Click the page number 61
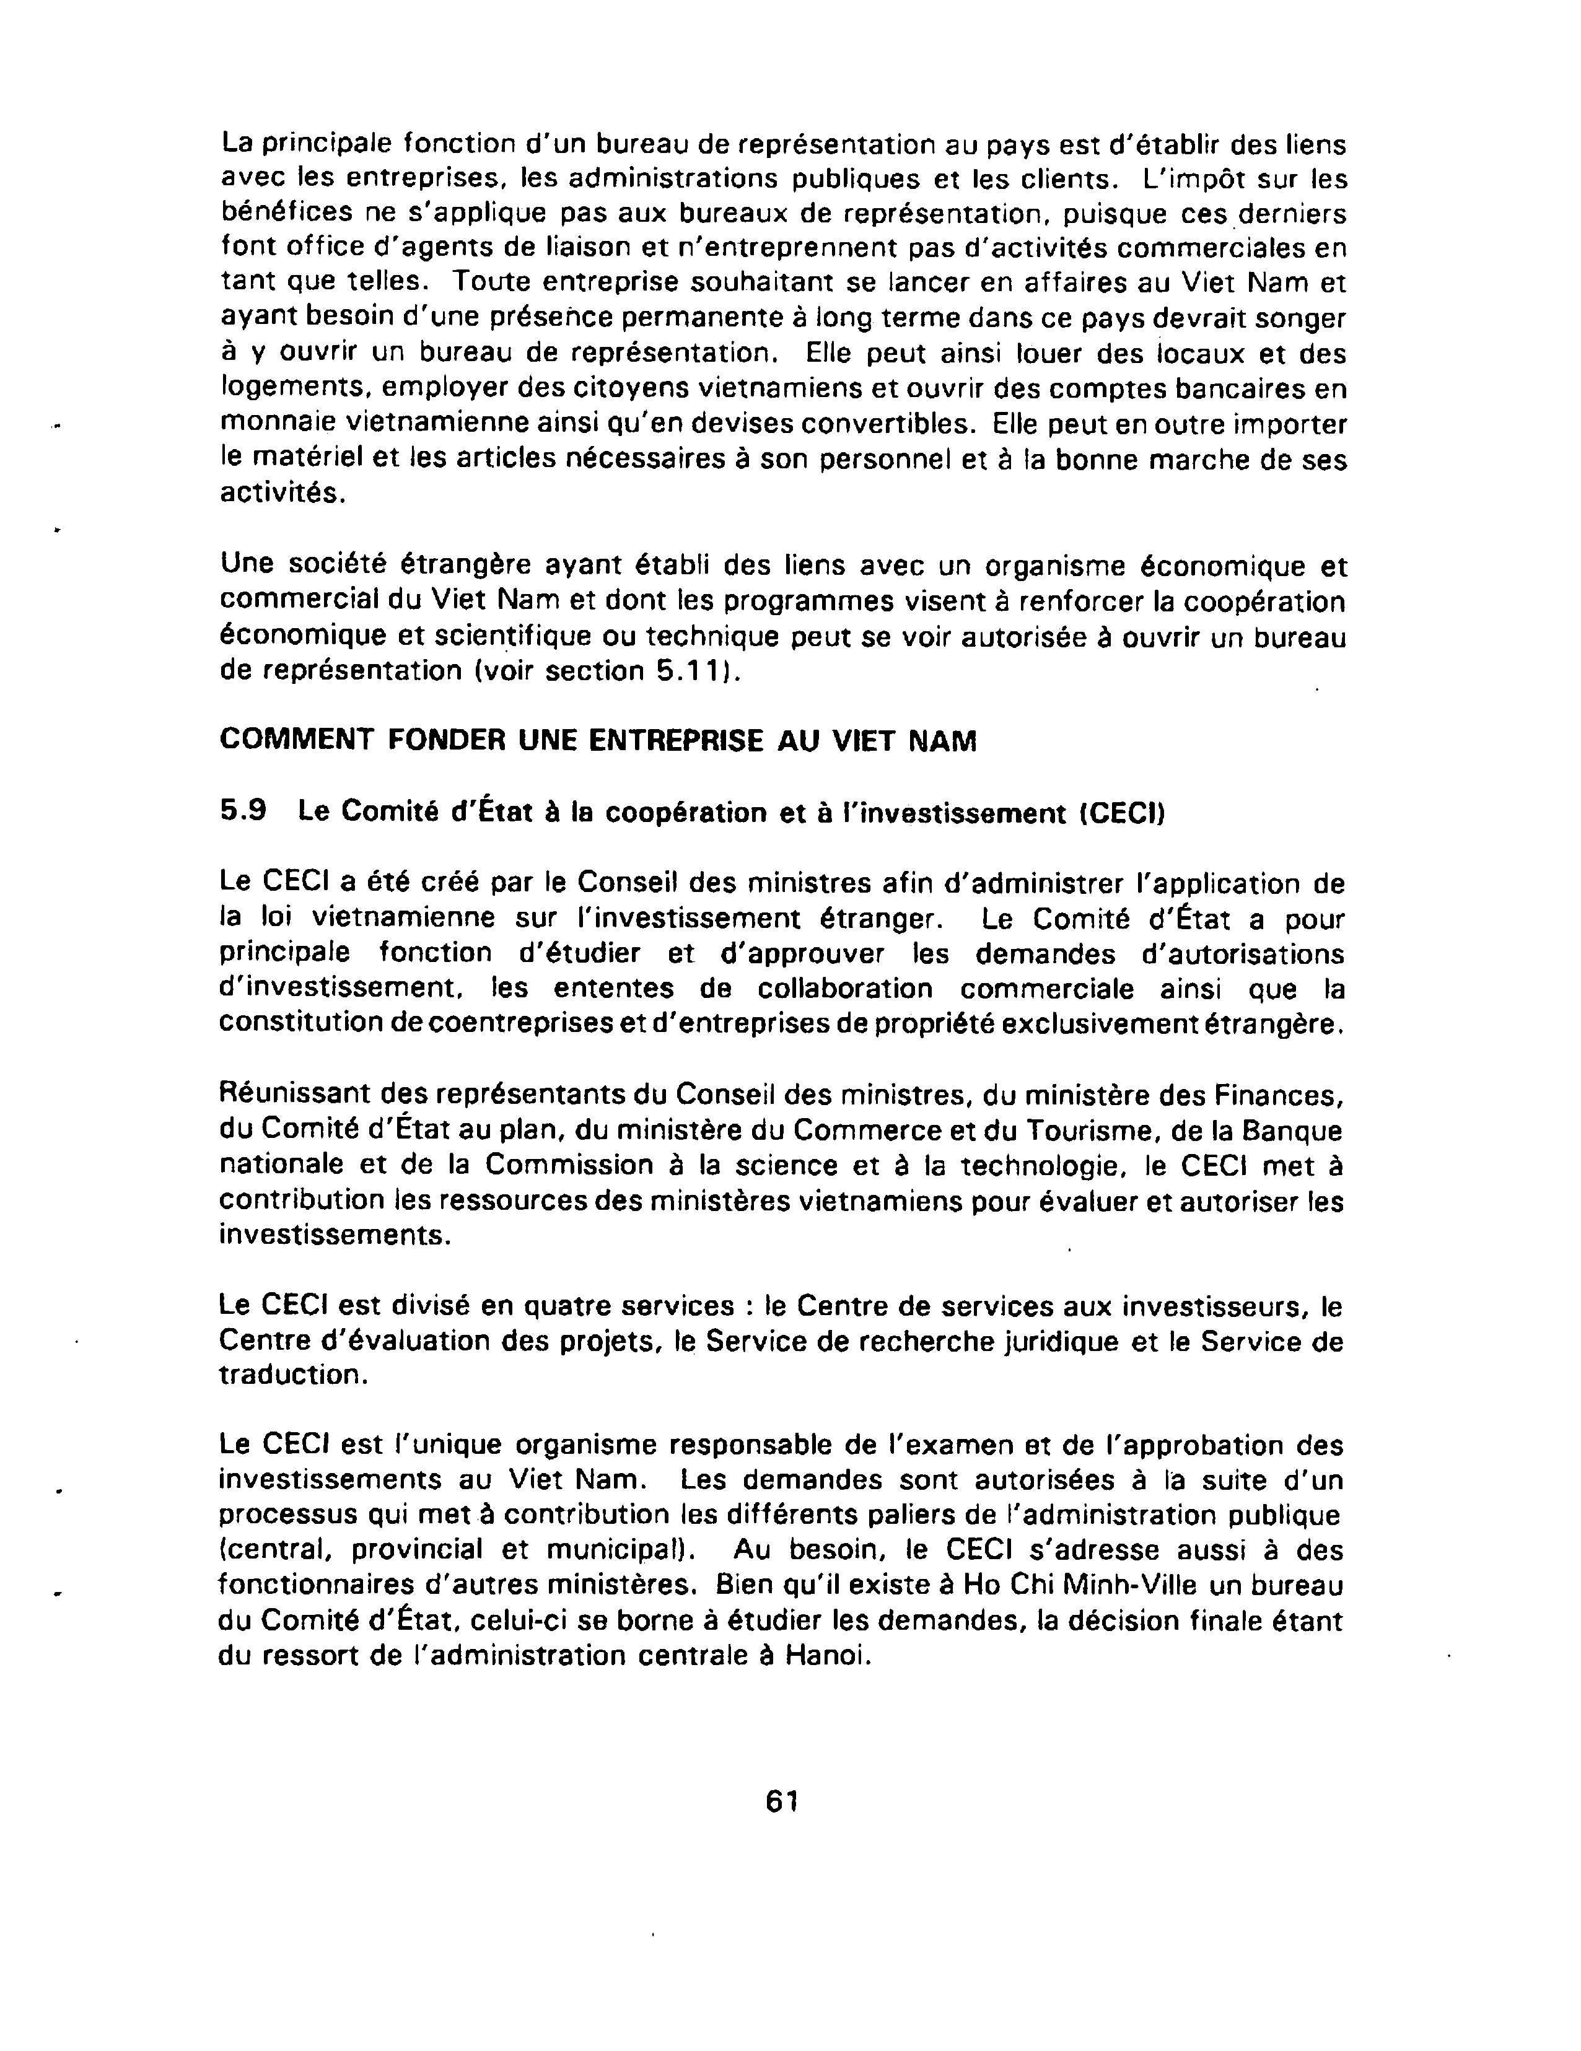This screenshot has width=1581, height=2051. [782, 1800]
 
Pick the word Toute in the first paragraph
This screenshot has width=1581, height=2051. [491, 282]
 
